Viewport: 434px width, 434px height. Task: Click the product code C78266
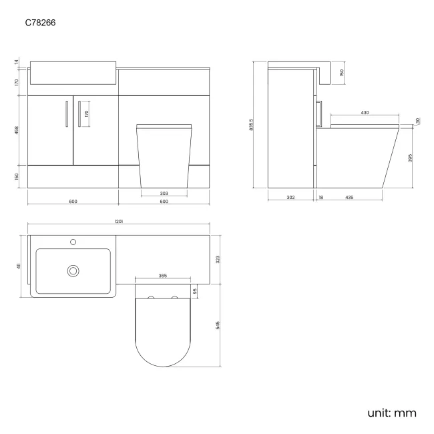coord(41,22)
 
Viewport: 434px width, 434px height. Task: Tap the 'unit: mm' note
coord(391,413)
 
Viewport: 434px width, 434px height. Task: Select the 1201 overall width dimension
coord(118,221)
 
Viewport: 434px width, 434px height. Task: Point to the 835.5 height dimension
coord(251,125)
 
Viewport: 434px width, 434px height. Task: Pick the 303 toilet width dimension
coord(164,193)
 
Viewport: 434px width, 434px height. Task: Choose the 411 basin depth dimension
coord(19,266)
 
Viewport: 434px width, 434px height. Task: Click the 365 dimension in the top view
coord(163,274)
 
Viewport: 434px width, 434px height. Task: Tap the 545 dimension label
coord(219,325)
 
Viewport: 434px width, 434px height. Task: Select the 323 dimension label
coord(219,259)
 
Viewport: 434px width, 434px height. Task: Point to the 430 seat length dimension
coord(365,113)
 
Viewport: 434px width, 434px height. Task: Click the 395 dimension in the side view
coord(411,158)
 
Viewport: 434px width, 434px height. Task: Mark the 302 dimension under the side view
coord(290,198)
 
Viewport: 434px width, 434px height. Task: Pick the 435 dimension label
coord(349,198)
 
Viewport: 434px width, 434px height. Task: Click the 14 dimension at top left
coord(17,62)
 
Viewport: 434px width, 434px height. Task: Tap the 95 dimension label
coord(195,291)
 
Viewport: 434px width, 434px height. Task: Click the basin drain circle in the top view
coord(73,270)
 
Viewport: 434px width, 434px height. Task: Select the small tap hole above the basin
coord(73,241)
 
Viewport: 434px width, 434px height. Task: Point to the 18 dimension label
coord(321,198)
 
